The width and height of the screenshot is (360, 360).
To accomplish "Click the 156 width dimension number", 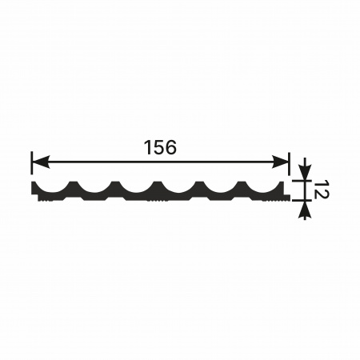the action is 160,147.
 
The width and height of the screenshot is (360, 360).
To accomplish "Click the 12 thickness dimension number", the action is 320,190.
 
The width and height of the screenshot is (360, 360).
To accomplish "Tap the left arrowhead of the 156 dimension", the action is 41,162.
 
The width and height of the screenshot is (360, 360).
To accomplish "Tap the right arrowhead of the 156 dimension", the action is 280,162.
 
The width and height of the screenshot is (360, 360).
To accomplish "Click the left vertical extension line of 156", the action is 32,162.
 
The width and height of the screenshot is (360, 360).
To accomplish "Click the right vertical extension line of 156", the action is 289,163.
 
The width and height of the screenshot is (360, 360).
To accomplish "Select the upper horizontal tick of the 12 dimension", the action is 302,181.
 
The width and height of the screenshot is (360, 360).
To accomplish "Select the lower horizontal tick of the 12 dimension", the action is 302,199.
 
